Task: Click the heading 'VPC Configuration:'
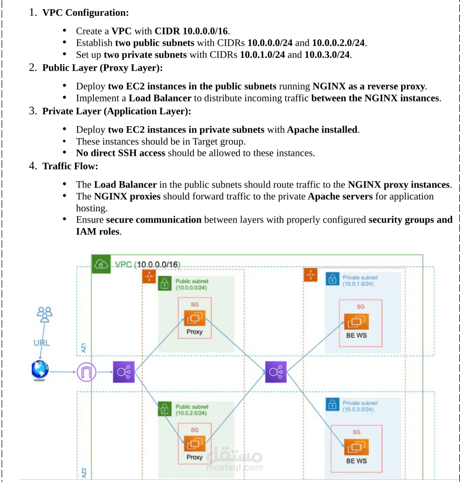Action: (85, 12)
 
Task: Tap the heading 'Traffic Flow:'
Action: (70, 166)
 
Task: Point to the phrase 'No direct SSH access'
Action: (121, 153)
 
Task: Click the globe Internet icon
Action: (40, 370)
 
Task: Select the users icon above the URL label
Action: (44, 314)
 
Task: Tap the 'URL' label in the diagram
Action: (42, 343)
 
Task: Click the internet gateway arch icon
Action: (86, 372)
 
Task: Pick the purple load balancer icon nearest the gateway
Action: (123, 372)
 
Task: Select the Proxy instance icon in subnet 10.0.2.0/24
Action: (194, 444)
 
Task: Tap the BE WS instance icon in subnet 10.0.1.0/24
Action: (356, 322)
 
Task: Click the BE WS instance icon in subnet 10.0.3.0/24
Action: (356, 447)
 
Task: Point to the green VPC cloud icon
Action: (101, 264)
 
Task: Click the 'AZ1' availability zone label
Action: (84, 347)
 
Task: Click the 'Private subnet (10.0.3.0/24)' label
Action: (360, 406)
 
